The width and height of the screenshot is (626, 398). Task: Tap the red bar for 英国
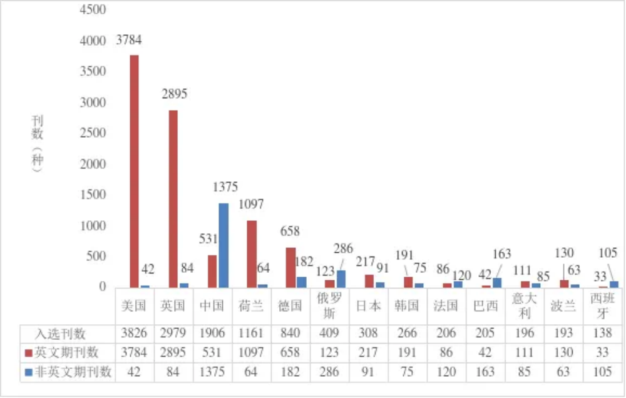pyautogui.click(x=173, y=198)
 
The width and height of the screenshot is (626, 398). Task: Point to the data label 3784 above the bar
pyautogui.click(x=130, y=40)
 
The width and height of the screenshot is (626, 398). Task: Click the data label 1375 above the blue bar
pyautogui.click(x=225, y=187)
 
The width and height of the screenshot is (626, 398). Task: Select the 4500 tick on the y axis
pyautogui.click(x=93, y=10)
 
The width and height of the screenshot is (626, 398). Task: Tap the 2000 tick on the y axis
pyautogui.click(x=93, y=164)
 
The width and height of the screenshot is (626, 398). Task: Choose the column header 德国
pyautogui.click(x=290, y=306)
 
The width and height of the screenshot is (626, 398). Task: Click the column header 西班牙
pyautogui.click(x=602, y=306)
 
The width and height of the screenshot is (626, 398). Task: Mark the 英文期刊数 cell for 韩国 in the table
pyautogui.click(x=407, y=353)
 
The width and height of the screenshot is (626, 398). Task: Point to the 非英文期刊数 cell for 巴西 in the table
pyautogui.click(x=485, y=372)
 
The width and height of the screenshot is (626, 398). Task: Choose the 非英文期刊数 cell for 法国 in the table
pyautogui.click(x=446, y=372)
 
